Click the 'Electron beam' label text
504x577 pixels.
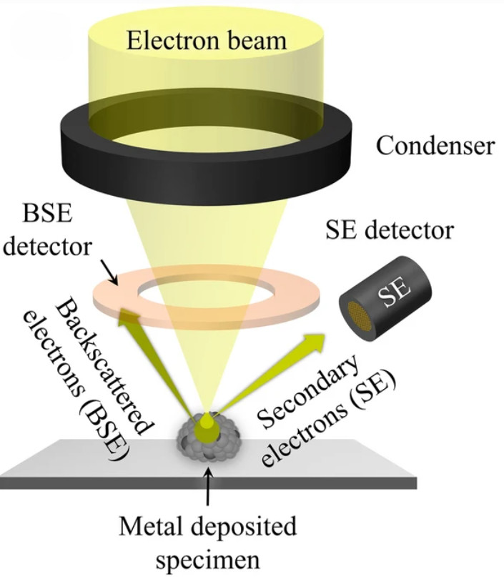tap(208, 41)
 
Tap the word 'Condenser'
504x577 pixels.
tap(435, 146)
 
